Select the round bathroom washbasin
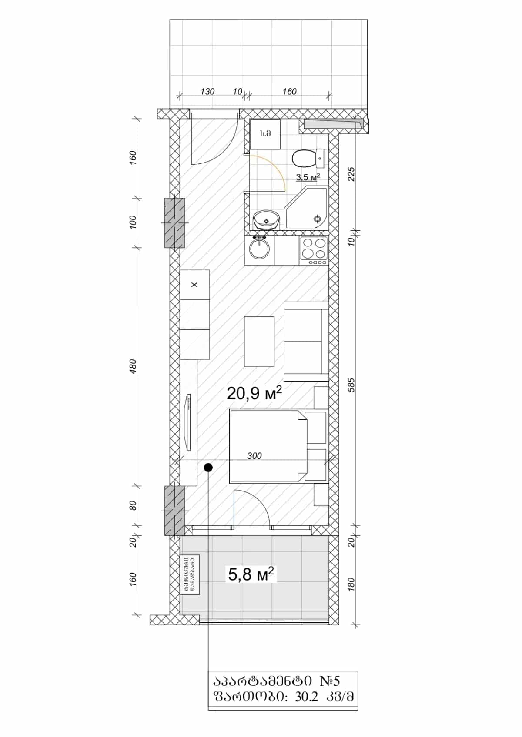click(266, 219)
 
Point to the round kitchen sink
click(259, 250)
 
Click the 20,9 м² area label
click(254, 393)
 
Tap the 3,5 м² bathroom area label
click(308, 177)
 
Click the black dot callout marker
click(208, 467)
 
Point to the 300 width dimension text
click(254, 455)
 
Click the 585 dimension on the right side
click(351, 385)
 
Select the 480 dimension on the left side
click(133, 366)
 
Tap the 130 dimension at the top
click(207, 92)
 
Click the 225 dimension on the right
click(351, 174)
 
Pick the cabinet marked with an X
click(194, 285)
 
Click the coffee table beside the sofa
click(259, 342)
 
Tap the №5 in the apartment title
click(332, 681)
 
